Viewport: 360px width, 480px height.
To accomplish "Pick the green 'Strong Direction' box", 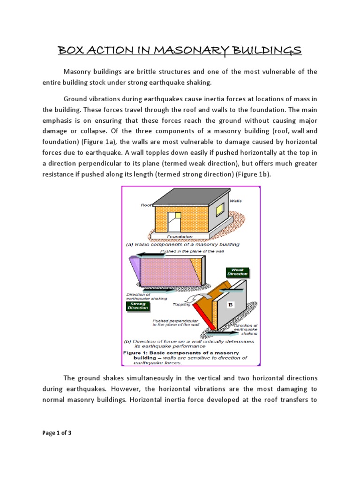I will pyautogui.click(x=137, y=306).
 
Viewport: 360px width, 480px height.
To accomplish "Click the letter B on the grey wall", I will pyautogui.click(x=230, y=305).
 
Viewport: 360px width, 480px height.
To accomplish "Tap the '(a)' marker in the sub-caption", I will pyautogui.click(x=129, y=244).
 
